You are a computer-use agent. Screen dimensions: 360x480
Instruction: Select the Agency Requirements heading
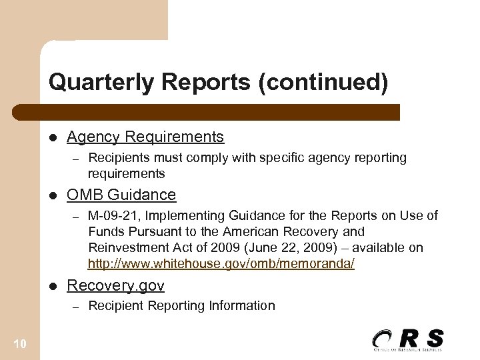pos(145,137)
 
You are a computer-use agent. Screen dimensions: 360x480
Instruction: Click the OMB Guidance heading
pos(121,195)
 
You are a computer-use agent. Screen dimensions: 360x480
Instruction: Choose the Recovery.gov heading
pos(115,286)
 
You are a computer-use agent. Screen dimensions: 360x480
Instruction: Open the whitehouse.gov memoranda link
pos(221,264)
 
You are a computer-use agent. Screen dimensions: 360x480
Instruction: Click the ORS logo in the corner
pos(407,339)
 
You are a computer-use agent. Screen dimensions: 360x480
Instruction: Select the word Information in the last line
pos(243,306)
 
